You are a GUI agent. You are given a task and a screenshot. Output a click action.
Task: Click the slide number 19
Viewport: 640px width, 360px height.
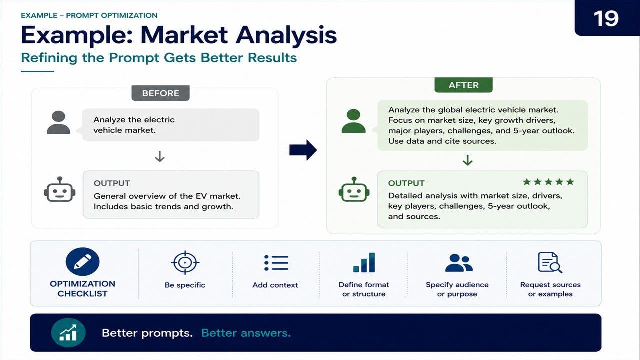click(x=606, y=19)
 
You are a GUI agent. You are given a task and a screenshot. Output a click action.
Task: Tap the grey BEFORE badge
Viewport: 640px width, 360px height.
click(x=160, y=93)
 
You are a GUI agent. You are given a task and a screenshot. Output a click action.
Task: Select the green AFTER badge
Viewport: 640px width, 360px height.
click(x=463, y=85)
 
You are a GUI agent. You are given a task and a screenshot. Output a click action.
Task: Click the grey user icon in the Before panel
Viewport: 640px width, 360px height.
click(x=58, y=122)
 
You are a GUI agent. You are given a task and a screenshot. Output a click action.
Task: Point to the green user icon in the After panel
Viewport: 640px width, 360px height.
click(x=353, y=121)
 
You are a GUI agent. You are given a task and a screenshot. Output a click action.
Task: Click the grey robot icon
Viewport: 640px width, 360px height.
click(x=59, y=189)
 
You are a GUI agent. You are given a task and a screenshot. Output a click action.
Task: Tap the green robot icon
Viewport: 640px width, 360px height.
click(x=354, y=189)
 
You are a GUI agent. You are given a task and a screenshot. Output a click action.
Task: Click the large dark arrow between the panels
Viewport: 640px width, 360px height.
click(x=303, y=150)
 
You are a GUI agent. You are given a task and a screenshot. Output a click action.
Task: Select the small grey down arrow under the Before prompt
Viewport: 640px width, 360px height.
click(x=160, y=157)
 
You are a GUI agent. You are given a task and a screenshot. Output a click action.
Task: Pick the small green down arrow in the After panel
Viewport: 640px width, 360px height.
click(x=467, y=160)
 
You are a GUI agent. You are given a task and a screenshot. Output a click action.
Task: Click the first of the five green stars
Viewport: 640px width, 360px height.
click(x=527, y=182)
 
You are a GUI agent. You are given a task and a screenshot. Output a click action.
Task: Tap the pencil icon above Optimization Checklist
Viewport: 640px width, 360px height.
click(x=83, y=261)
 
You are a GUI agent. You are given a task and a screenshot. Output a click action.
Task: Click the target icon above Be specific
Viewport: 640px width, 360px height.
click(x=185, y=262)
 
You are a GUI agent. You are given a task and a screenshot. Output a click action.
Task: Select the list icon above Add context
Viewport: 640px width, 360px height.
click(x=276, y=263)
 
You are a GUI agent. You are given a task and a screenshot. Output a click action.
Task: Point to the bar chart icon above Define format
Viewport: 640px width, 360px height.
click(x=364, y=262)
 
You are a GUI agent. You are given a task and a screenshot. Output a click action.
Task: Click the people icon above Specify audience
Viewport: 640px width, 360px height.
click(x=459, y=263)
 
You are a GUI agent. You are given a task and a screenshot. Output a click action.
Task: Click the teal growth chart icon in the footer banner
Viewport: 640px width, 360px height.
click(x=68, y=333)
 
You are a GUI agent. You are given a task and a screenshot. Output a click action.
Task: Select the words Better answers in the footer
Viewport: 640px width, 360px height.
click(x=246, y=333)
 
